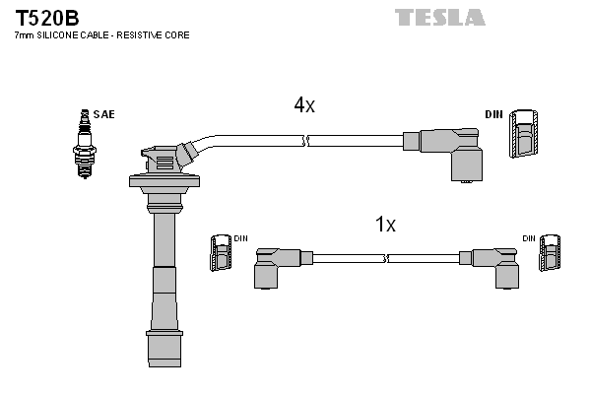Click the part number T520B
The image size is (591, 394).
click(46, 17)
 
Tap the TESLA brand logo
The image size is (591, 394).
click(440, 17)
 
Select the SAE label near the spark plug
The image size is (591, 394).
click(104, 114)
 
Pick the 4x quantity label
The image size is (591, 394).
click(303, 105)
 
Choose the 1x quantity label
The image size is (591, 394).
click(385, 225)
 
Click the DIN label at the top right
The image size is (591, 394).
click(493, 114)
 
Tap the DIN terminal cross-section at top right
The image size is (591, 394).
click(524, 134)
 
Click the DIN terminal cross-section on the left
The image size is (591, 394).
click(220, 255)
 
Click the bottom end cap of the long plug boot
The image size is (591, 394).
click(164, 347)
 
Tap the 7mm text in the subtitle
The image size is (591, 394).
click(24, 35)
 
